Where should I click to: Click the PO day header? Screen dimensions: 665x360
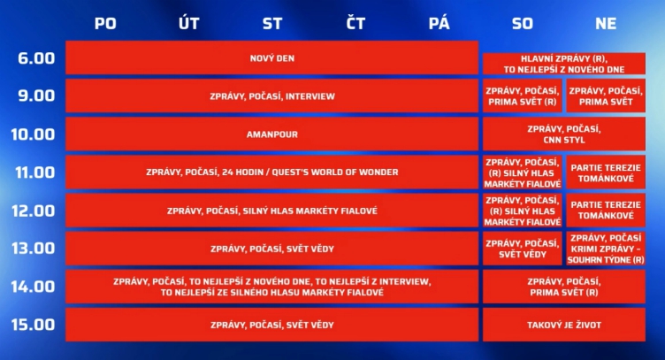click(x=105, y=23)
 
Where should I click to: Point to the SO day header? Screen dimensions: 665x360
click(x=522, y=23)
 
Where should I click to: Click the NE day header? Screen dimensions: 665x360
click(x=606, y=23)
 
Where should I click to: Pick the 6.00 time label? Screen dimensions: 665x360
click(x=36, y=58)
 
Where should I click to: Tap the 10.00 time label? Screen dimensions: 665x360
click(x=33, y=134)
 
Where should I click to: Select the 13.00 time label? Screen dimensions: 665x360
click(x=33, y=249)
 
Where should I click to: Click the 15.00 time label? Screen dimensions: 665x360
click(x=33, y=325)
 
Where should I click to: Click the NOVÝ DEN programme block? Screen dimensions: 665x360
click(x=271, y=58)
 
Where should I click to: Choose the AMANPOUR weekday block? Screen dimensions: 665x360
click(x=271, y=134)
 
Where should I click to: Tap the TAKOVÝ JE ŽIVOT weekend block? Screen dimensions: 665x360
click(x=564, y=325)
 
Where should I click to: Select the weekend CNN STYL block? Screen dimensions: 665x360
click(x=564, y=134)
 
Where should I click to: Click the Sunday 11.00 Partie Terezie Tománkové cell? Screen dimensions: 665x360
click(x=606, y=172)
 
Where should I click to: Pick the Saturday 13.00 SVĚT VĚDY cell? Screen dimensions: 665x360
click(x=523, y=249)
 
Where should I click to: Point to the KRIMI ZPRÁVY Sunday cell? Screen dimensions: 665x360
click(x=606, y=249)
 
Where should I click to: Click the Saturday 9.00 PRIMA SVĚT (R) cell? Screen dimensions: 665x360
click(x=523, y=96)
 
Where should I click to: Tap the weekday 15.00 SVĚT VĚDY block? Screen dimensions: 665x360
click(x=271, y=325)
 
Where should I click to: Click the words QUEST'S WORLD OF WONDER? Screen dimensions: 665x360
click(x=335, y=172)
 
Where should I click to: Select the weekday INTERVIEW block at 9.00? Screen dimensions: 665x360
click(x=271, y=96)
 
